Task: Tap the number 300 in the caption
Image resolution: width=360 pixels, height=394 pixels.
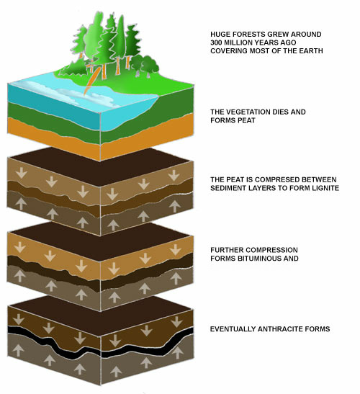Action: pyautogui.click(x=216, y=42)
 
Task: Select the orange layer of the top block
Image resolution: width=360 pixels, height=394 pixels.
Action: pyautogui.click(x=101, y=140)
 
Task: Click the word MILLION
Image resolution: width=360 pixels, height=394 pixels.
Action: pyautogui.click(x=237, y=42)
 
